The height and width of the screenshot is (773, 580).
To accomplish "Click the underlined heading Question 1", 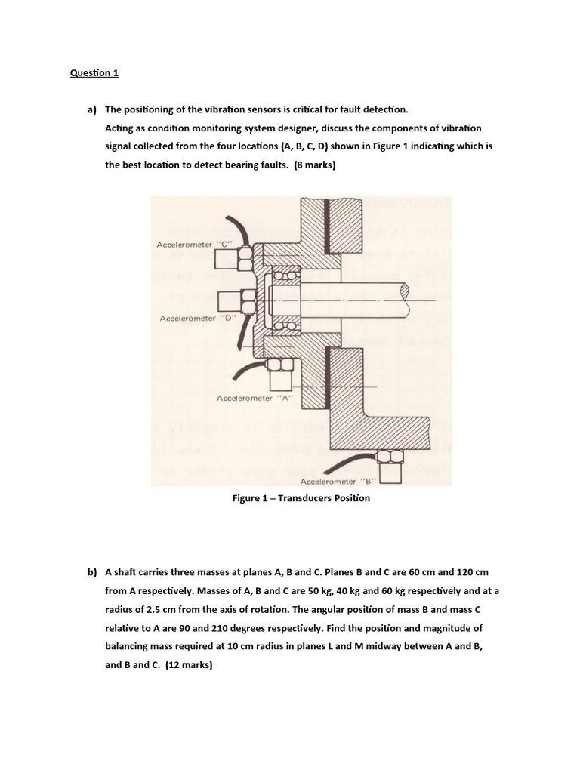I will (x=94, y=73).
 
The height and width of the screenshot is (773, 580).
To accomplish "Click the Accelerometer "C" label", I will (x=193, y=245).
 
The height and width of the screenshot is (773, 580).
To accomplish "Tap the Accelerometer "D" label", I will (x=198, y=319).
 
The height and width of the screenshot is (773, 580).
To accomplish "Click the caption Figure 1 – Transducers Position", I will (x=301, y=498).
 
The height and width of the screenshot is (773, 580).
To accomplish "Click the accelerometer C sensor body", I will (x=226, y=260).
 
